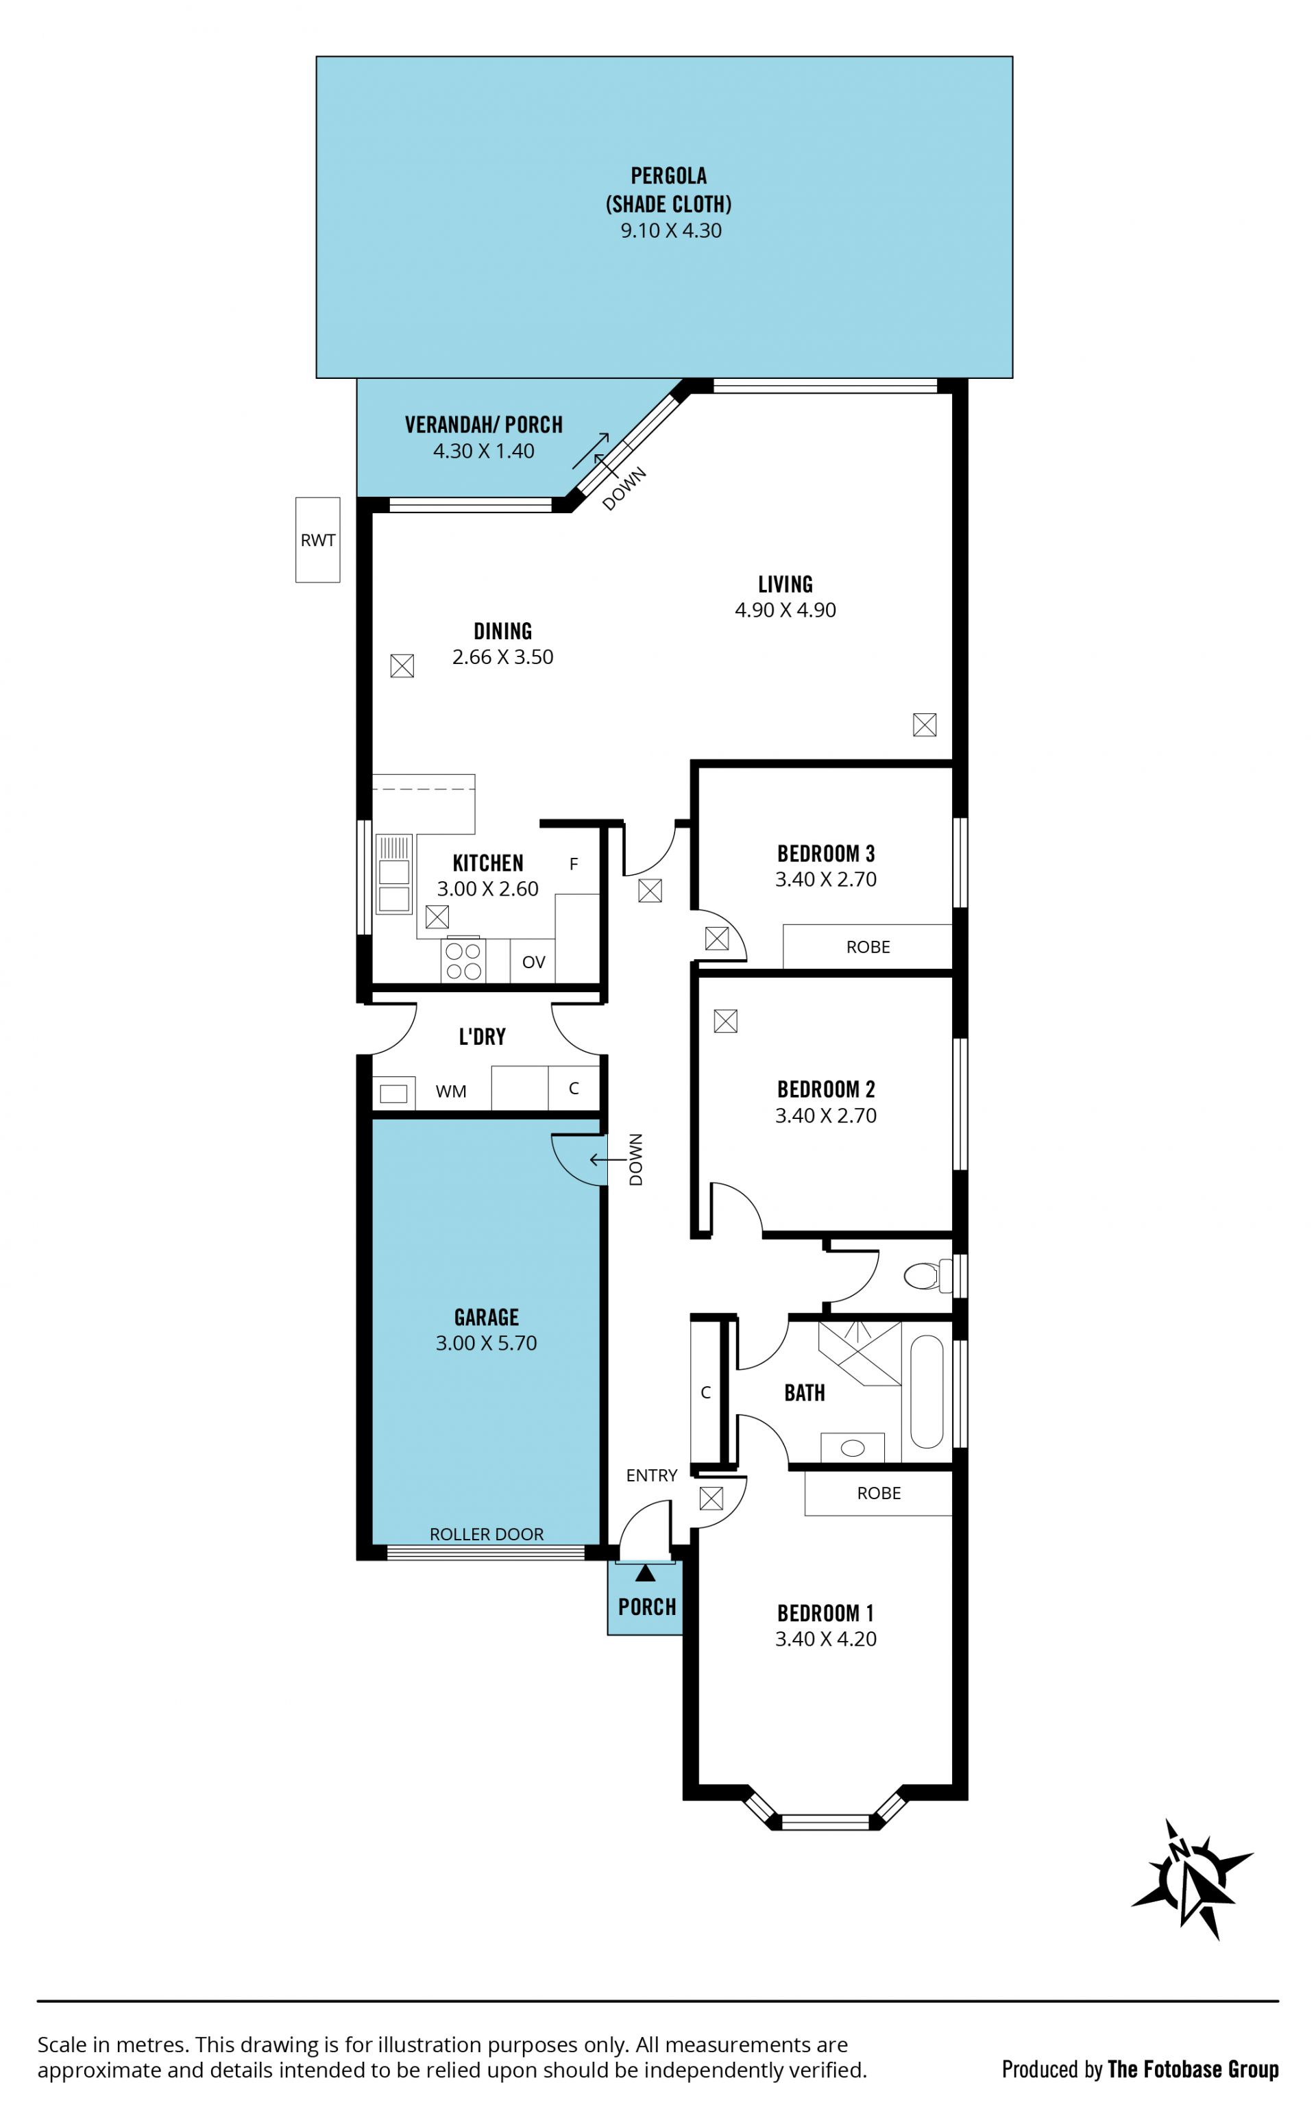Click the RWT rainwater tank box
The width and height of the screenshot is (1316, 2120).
pyautogui.click(x=317, y=539)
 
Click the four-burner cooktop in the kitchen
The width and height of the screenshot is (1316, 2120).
pyautogui.click(x=463, y=961)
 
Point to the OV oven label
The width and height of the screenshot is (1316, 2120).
pyautogui.click(x=533, y=962)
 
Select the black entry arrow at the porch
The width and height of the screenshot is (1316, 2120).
pyautogui.click(x=645, y=1572)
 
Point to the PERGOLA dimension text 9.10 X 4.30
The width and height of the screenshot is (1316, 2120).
pyautogui.click(x=671, y=230)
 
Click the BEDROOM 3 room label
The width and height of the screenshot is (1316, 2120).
pyautogui.click(x=826, y=853)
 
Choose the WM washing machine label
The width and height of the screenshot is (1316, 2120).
pyautogui.click(x=451, y=1091)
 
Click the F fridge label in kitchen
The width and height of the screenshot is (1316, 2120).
pyautogui.click(x=574, y=864)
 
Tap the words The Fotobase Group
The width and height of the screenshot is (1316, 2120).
pyautogui.click(x=1193, y=2069)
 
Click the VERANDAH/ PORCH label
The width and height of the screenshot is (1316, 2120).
pyautogui.click(x=484, y=425)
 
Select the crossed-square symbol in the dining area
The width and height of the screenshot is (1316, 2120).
pyautogui.click(x=402, y=665)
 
